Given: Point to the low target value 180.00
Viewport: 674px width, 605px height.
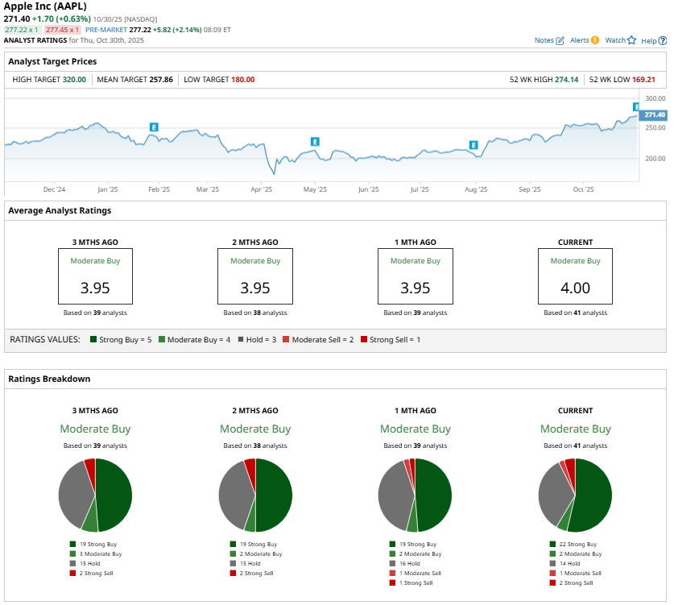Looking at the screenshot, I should point(242,80).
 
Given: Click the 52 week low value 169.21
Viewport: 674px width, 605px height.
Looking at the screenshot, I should point(644,80).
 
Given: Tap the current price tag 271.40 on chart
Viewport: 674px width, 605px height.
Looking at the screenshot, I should point(655,115).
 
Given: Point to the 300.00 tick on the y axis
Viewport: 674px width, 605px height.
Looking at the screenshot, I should point(655,98).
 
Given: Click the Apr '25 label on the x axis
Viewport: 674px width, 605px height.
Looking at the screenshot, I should point(262,190).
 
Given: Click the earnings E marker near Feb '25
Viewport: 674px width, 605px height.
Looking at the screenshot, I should point(153,127).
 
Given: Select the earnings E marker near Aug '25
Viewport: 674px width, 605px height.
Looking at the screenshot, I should point(473,145).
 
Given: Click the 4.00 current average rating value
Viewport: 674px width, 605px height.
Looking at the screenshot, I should point(575,288).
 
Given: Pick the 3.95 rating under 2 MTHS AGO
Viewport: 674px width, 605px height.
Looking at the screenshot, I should point(255,288).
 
